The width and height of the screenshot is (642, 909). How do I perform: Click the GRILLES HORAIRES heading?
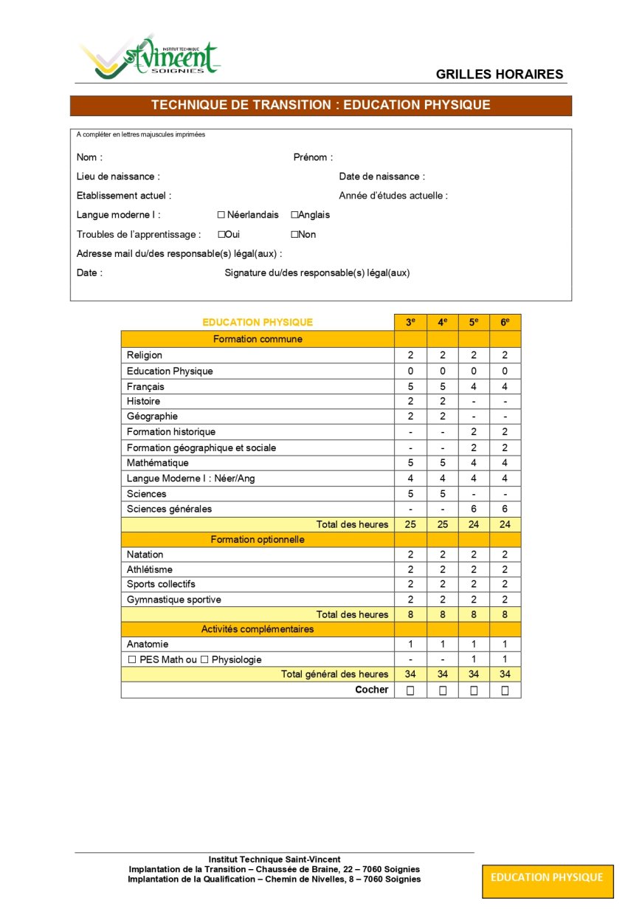[499, 74]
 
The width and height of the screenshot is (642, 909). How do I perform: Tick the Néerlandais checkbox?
[221, 215]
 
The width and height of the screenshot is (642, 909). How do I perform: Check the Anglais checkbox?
[294, 215]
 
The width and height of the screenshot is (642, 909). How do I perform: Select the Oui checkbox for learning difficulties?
[221, 234]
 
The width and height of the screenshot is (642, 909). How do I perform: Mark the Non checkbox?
[294, 234]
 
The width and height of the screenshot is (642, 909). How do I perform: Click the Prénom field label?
[313, 157]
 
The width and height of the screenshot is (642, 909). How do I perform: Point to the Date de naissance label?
[382, 176]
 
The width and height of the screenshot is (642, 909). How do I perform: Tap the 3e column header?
[410, 323]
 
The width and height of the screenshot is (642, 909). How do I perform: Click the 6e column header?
[505, 323]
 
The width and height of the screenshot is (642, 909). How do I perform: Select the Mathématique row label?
[157, 463]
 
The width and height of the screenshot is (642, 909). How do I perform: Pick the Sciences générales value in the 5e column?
[474, 509]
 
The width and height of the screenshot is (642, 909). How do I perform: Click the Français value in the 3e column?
[410, 386]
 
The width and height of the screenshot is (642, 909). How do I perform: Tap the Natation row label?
[145, 555]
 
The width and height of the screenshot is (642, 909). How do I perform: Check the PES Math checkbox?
[133, 659]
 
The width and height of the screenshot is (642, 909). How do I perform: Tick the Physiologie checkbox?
[204, 659]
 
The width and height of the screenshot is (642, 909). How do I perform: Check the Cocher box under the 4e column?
[443, 690]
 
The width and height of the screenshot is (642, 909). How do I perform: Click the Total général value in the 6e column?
[505, 674]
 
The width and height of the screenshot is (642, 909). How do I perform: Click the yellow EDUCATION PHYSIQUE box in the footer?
[547, 878]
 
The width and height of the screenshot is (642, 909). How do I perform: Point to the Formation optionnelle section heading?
[258, 539]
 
